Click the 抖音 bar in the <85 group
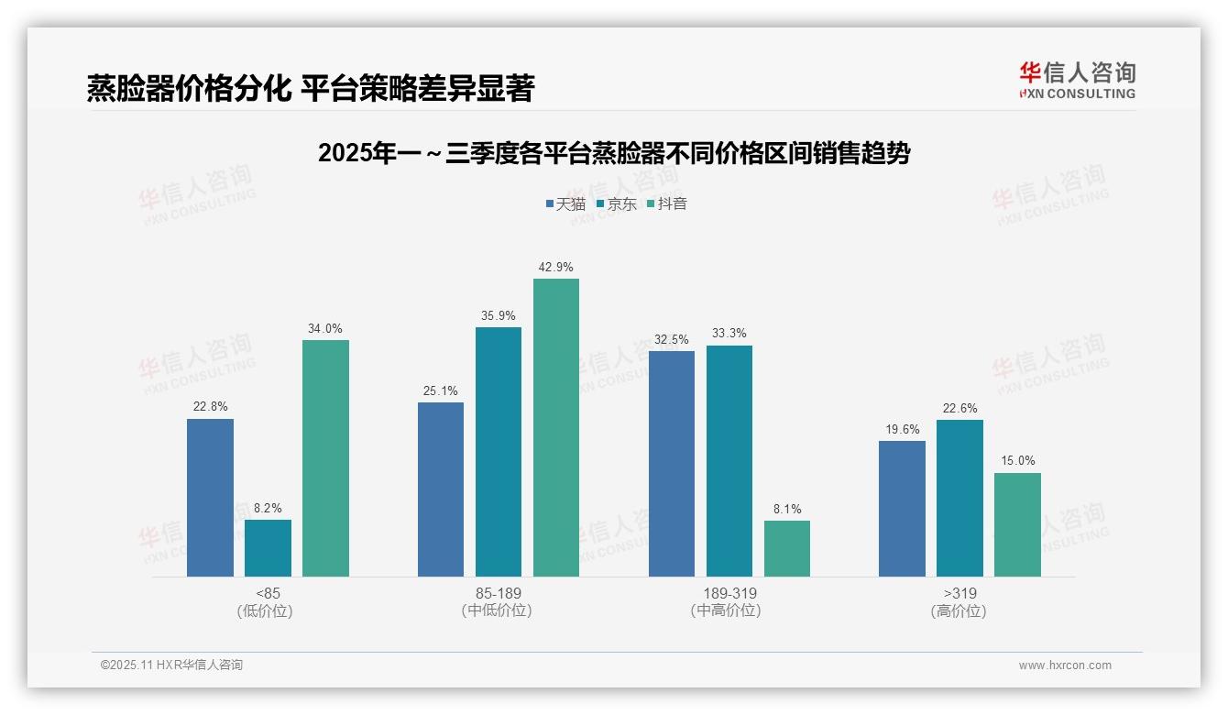pos(325,458)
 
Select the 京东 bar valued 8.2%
pos(268,548)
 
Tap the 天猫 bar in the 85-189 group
pos(441,489)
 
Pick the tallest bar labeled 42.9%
pos(556,427)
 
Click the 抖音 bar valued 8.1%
pos(787,548)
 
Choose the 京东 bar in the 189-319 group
pos(729,461)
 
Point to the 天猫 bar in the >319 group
pos(902,509)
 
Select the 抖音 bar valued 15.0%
pos(1017,524)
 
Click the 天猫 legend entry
pos(565,203)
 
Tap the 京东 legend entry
pos(616,203)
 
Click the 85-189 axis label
pos(498,593)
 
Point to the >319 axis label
pos(959,593)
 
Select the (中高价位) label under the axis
pos(725,610)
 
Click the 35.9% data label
pos(499,316)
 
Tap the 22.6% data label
pos(959,409)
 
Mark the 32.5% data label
pos(671,340)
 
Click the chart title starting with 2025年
pos(614,153)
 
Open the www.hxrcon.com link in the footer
pos(1065,665)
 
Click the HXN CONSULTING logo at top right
pos(1077,80)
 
